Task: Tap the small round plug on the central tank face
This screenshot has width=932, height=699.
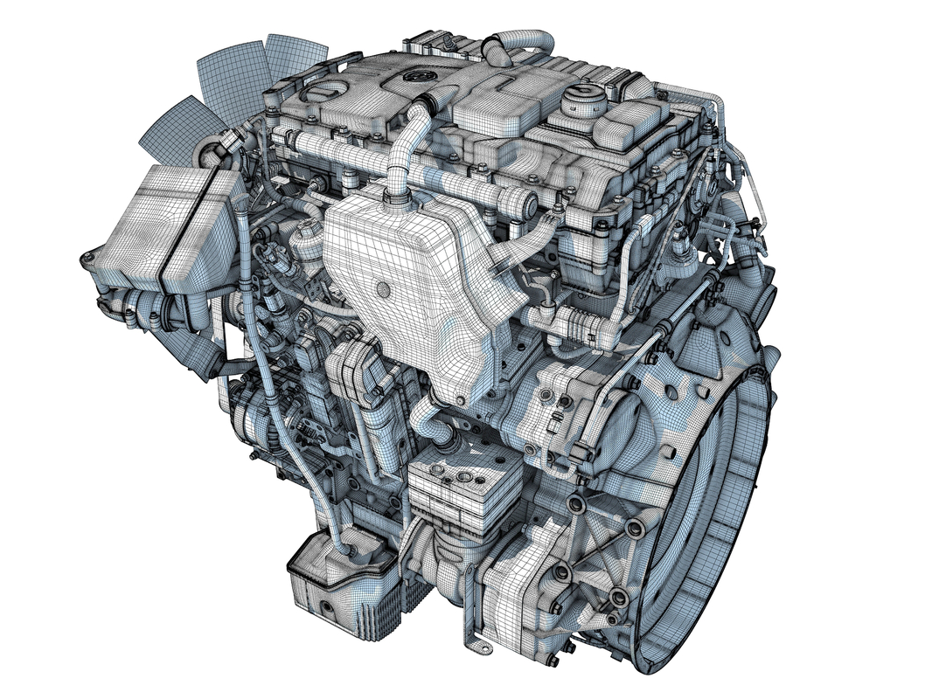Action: coord(382,287)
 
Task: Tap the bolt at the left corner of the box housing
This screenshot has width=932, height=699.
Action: coord(87,258)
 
